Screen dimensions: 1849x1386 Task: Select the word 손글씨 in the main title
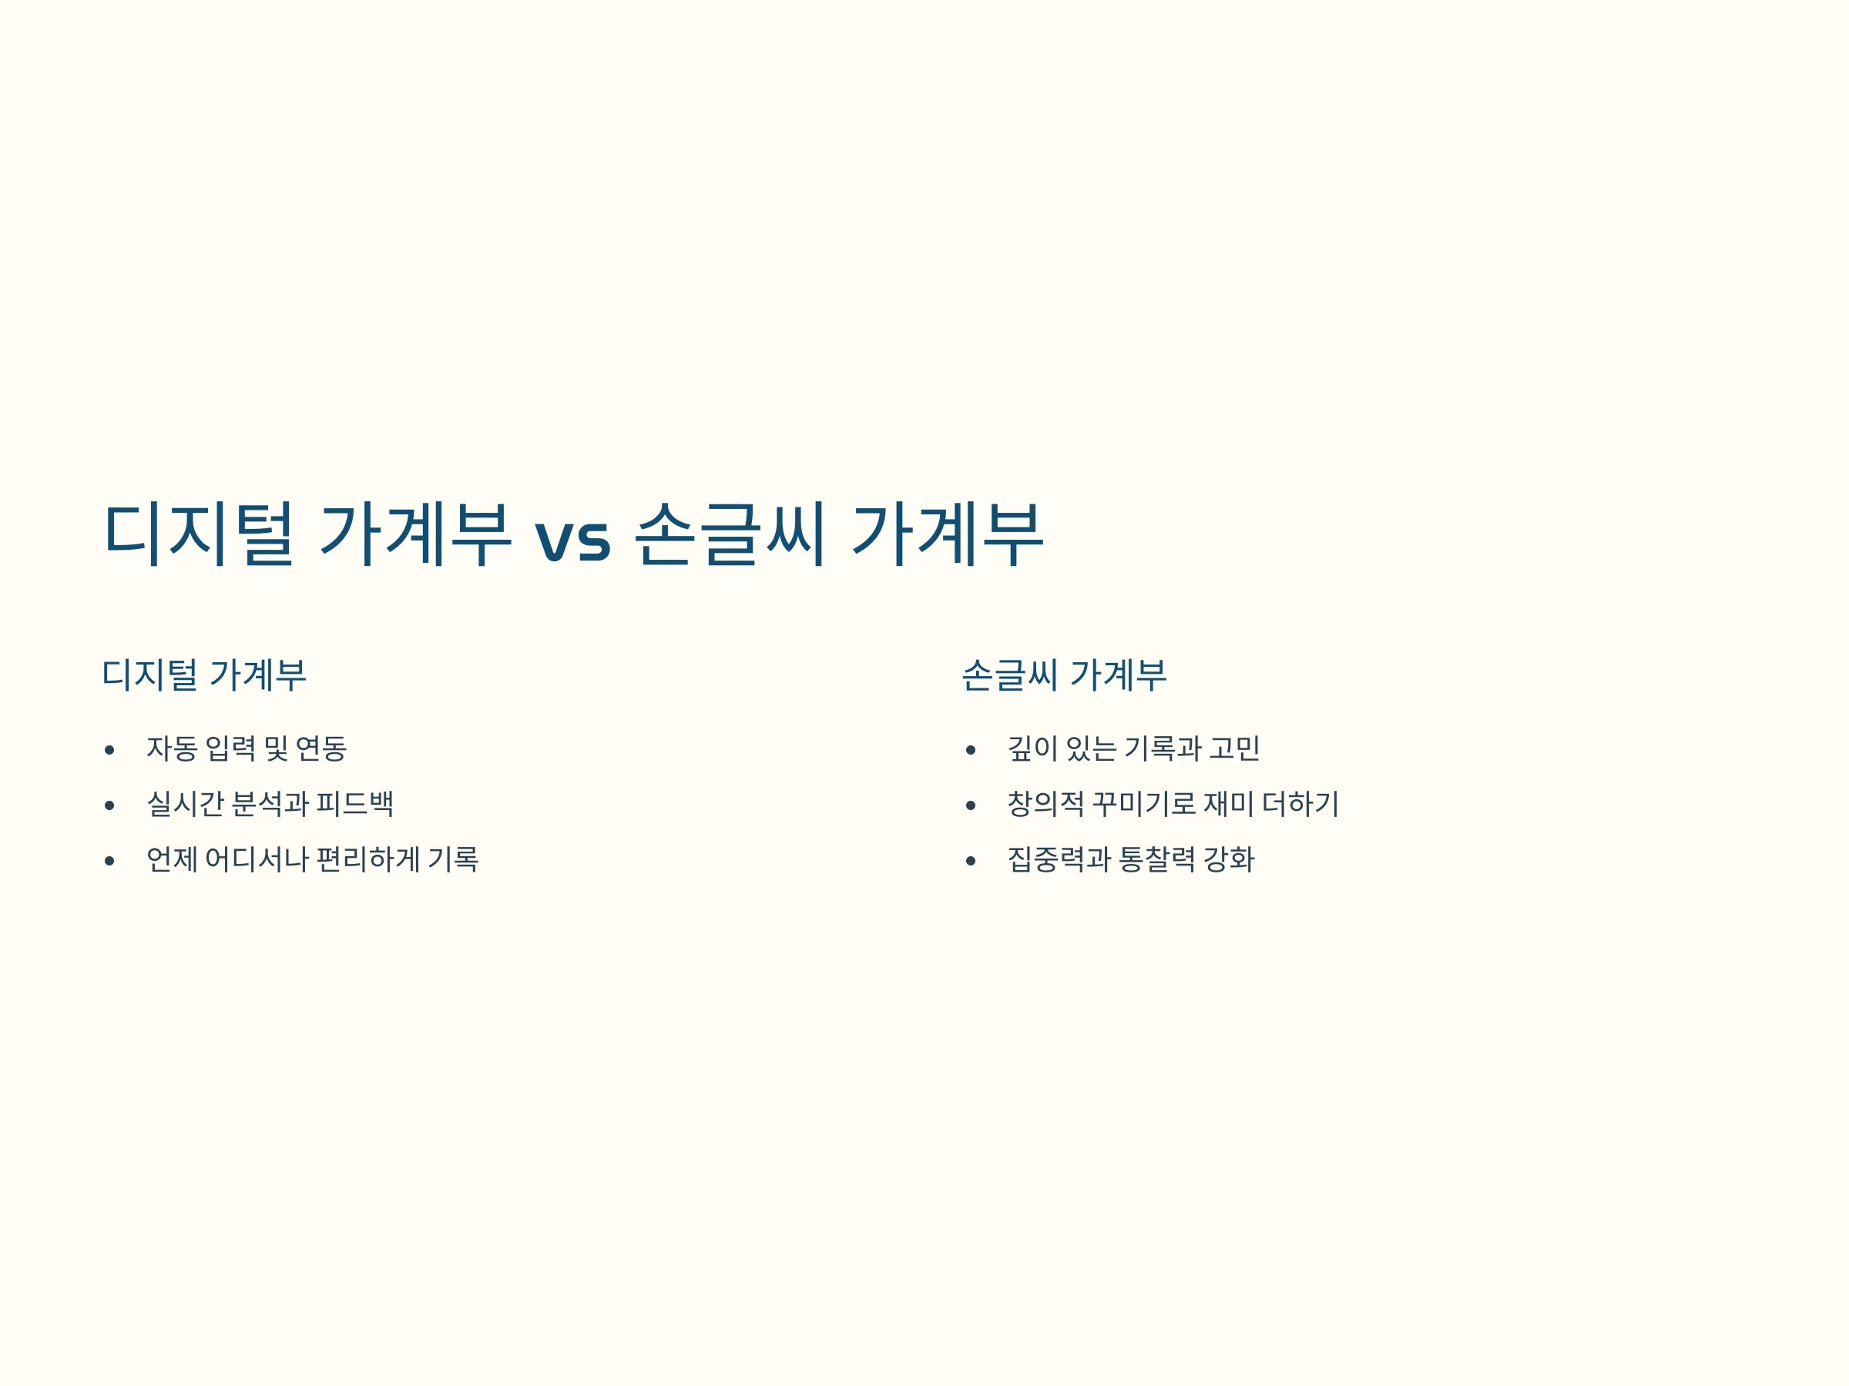click(730, 534)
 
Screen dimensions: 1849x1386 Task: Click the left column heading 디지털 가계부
click(204, 675)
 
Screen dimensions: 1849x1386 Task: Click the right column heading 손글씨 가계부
click(1064, 675)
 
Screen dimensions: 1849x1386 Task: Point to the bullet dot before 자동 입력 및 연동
click(109, 750)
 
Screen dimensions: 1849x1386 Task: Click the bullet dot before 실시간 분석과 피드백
click(109, 805)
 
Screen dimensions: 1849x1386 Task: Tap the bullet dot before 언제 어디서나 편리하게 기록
click(109, 861)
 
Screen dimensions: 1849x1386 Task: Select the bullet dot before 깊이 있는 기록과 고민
click(971, 750)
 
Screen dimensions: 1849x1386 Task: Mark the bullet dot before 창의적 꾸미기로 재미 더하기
click(971, 805)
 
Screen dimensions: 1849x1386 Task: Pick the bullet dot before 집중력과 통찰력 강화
click(971, 861)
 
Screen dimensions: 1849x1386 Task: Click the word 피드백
click(354, 804)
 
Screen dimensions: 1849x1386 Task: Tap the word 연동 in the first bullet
click(321, 748)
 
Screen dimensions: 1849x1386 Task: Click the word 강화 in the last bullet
click(1229, 859)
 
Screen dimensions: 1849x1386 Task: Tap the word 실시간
click(185, 804)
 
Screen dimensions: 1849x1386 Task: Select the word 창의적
click(1045, 804)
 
